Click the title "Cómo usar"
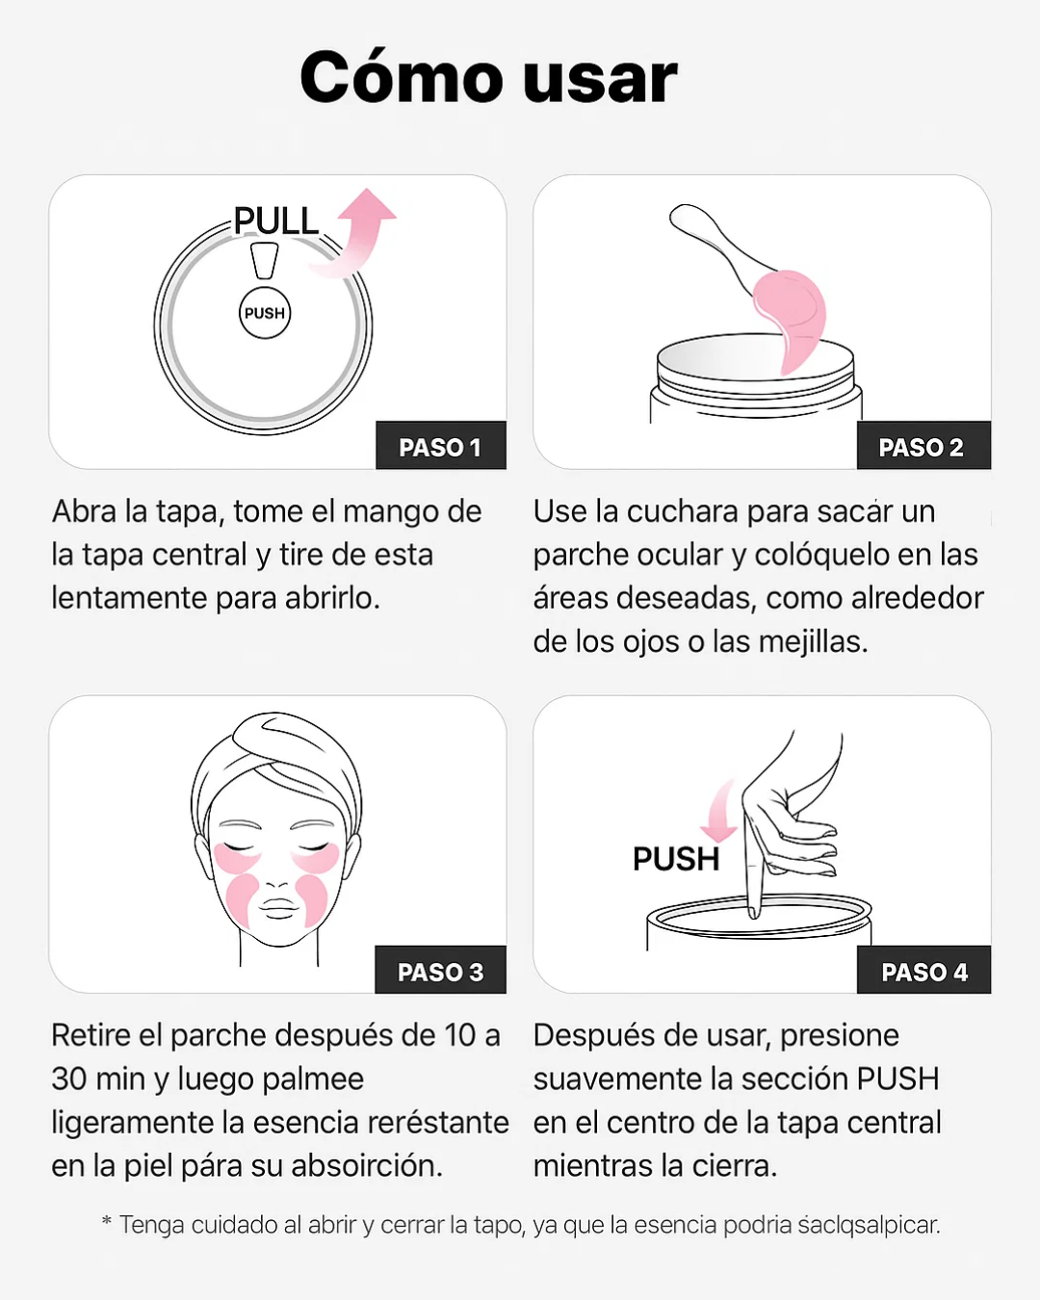[488, 78]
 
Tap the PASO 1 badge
[440, 447]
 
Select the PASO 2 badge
[922, 447]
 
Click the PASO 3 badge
[440, 972]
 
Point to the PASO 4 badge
[924, 972]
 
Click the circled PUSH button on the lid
[265, 313]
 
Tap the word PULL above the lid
[276, 221]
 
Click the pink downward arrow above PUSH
[717, 815]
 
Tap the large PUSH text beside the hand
[676, 858]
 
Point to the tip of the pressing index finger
[753, 909]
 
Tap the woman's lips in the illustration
[278, 908]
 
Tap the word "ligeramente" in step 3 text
[133, 1123]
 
